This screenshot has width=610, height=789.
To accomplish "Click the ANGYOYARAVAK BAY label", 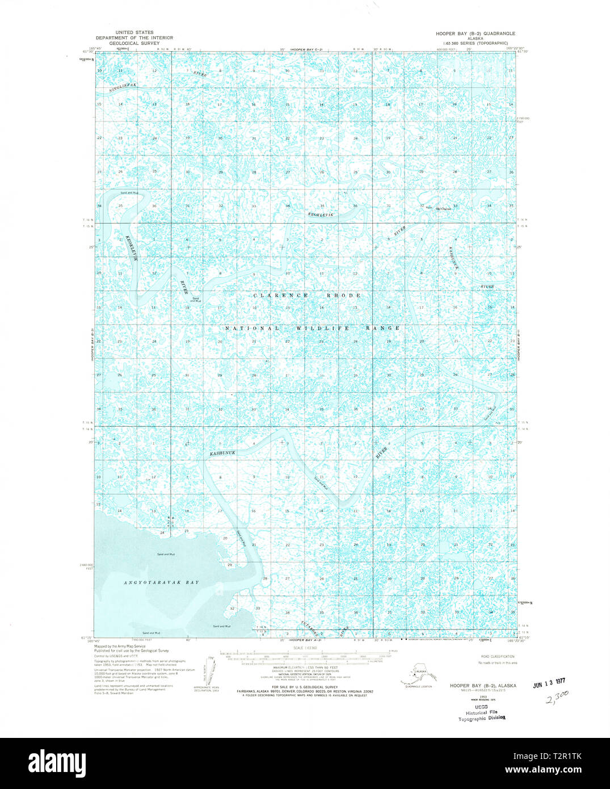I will tap(162, 582).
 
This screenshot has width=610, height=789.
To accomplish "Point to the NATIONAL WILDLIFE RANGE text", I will tap(313, 329).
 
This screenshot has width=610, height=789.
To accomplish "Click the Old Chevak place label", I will tap(443, 209).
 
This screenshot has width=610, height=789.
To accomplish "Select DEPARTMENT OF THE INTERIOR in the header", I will tap(134, 37).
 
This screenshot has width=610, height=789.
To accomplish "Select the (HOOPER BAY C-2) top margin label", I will tap(306, 51).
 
